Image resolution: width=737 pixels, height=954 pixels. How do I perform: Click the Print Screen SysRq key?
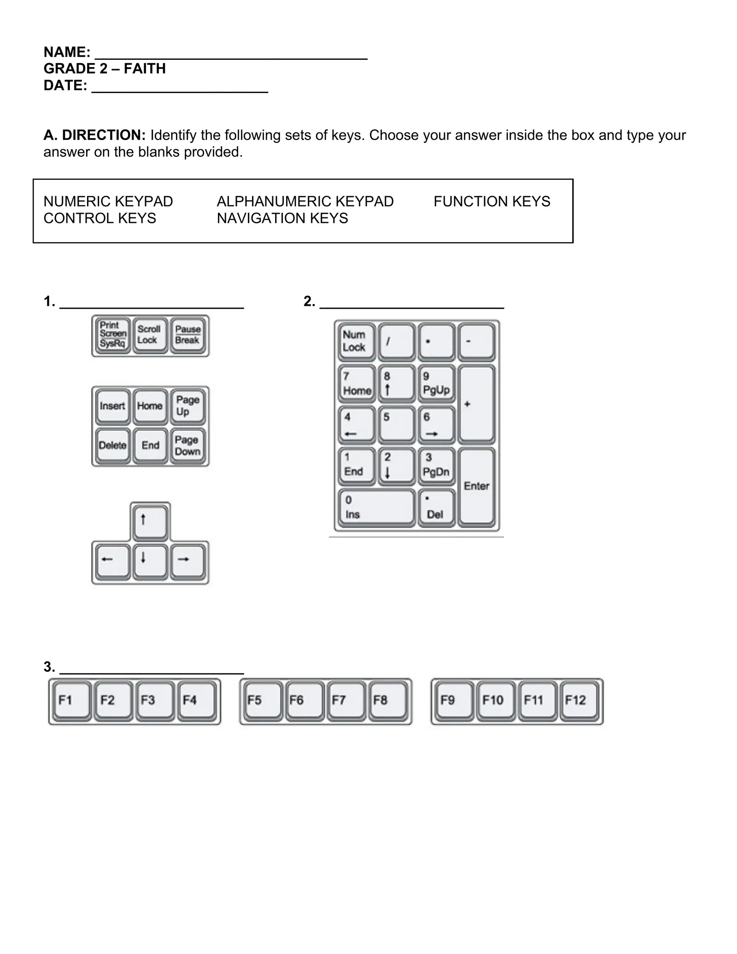click(x=113, y=334)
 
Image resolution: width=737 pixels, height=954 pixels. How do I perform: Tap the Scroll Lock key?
click(x=150, y=334)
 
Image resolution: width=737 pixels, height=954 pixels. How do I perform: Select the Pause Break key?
click(x=187, y=334)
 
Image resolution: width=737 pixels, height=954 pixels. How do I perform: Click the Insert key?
click(x=113, y=406)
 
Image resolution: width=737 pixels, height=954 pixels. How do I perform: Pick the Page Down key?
click(x=187, y=445)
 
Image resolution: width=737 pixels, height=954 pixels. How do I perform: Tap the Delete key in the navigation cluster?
click(x=113, y=445)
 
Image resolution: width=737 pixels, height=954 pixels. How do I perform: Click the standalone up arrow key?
click(x=150, y=522)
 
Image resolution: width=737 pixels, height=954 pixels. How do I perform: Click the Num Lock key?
click(x=357, y=341)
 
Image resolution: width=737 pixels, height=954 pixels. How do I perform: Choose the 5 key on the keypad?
click(x=396, y=424)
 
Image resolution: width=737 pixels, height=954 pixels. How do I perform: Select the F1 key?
click(x=71, y=701)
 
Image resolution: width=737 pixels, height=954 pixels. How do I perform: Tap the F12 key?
click(x=579, y=701)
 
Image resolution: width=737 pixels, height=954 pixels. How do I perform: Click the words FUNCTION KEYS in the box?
click(x=491, y=202)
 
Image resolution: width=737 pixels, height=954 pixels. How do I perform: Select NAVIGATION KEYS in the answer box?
click(x=282, y=218)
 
